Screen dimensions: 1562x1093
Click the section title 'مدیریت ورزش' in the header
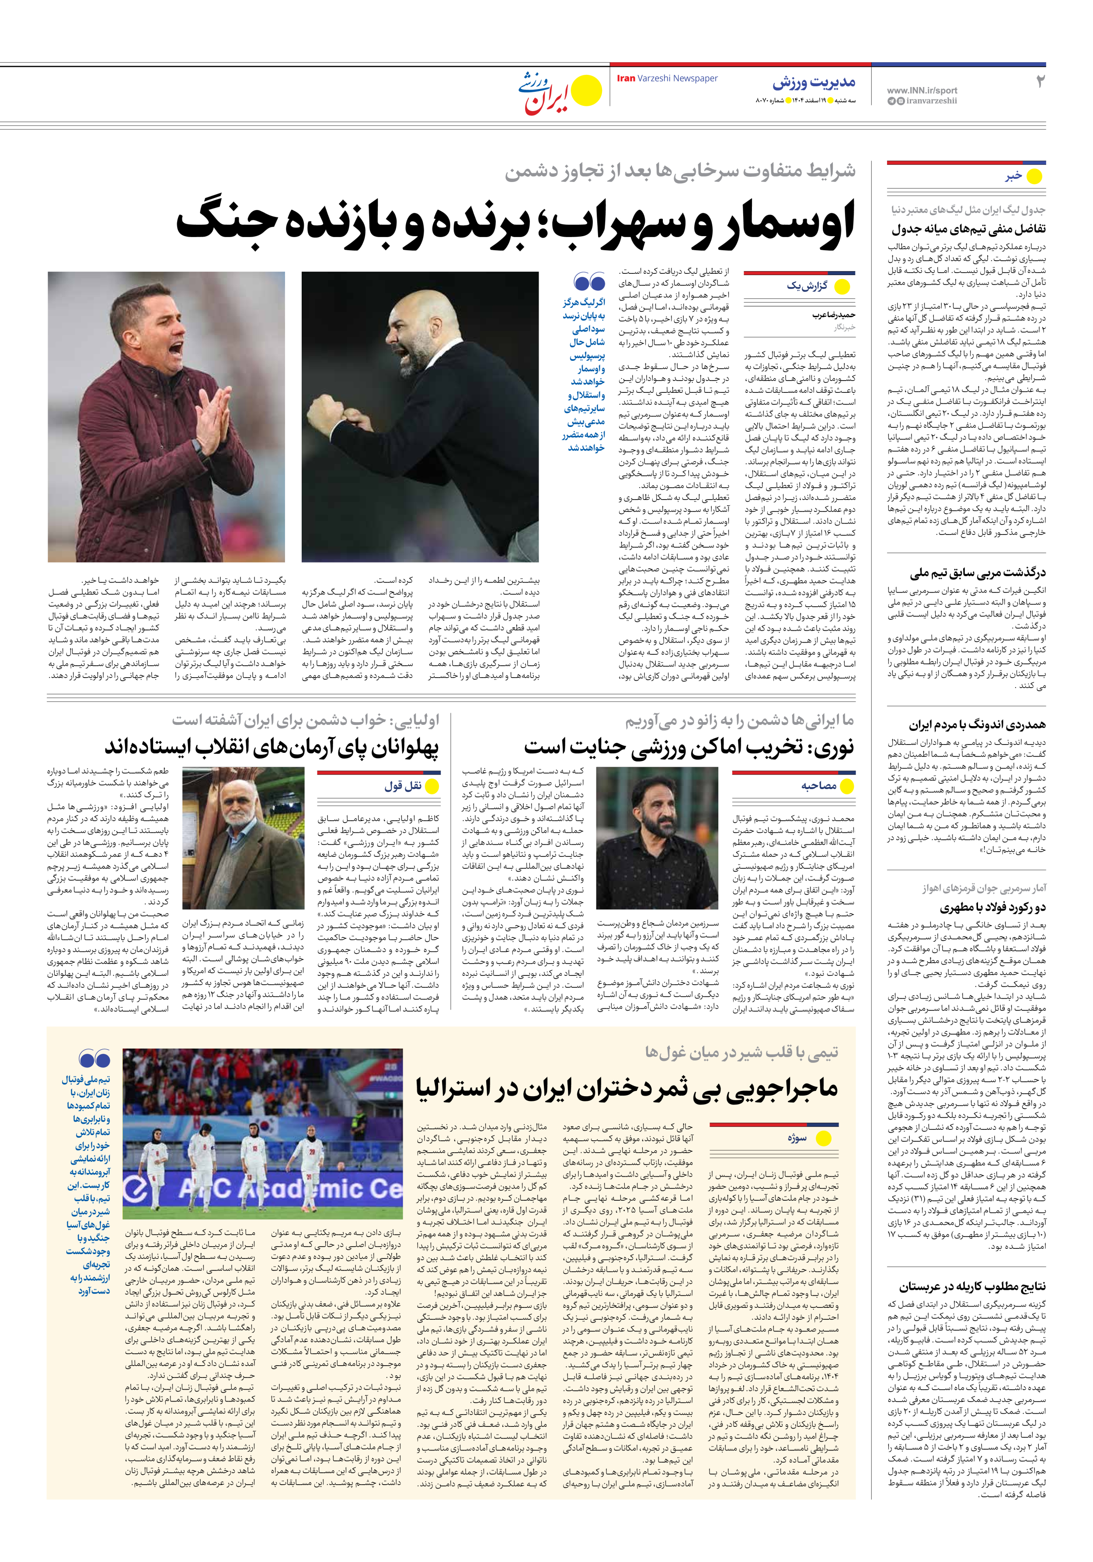(814, 83)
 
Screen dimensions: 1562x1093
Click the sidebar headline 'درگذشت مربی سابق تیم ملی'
(978, 573)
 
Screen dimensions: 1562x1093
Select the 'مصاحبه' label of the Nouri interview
(818, 786)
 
